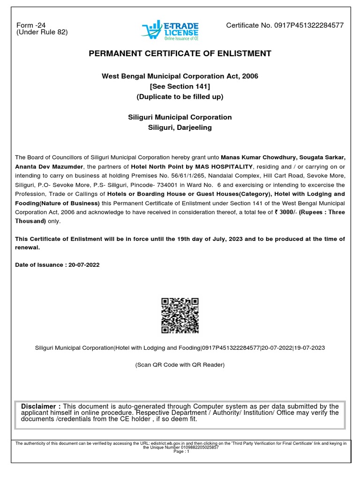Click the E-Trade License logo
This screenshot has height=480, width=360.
[170, 30]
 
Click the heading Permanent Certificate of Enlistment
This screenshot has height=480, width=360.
[180, 53]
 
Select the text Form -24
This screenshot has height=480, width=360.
[31, 25]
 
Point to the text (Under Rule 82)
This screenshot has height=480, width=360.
[42, 32]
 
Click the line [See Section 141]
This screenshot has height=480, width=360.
[180, 87]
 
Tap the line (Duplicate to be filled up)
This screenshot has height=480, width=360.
[180, 97]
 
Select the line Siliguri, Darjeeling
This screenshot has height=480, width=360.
[180, 127]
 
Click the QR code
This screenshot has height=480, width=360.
[180, 315]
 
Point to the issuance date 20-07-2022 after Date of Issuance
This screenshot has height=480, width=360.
[84, 265]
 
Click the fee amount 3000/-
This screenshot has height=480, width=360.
[287, 212]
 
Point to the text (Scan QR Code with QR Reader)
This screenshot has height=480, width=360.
[180, 365]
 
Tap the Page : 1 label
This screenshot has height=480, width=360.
[181, 451]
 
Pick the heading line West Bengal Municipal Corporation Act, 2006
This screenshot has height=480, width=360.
[180, 76]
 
